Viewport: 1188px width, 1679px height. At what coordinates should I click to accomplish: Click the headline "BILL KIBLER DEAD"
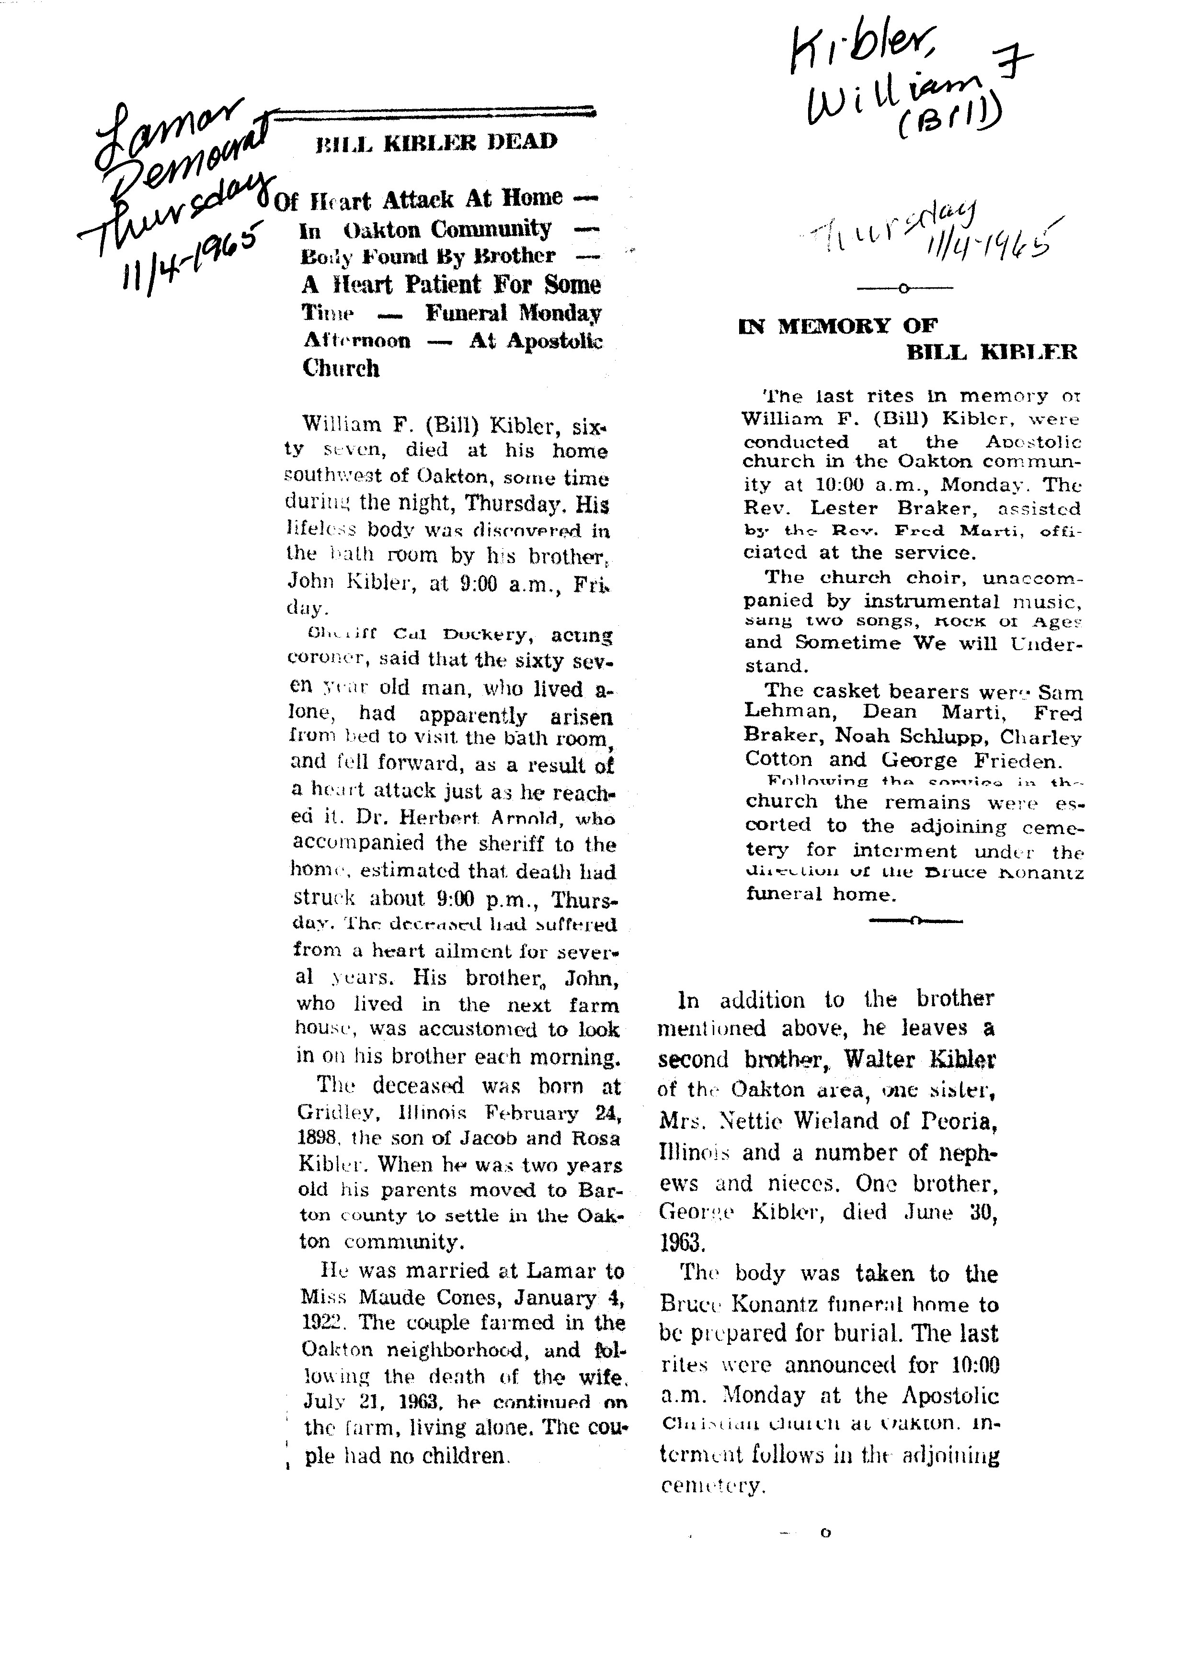(436, 142)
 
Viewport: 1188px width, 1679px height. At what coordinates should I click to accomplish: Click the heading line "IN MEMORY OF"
(838, 326)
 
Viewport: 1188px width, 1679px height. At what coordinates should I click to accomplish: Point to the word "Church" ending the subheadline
(341, 368)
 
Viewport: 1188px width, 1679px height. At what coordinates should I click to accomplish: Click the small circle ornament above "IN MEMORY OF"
(904, 289)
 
